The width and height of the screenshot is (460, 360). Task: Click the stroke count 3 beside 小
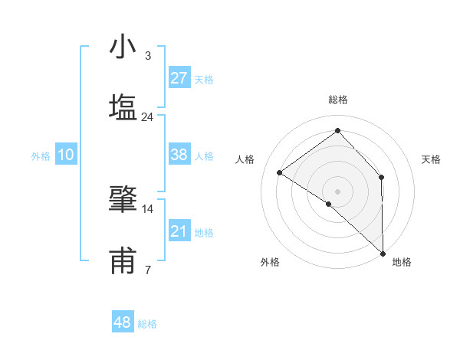point(147,56)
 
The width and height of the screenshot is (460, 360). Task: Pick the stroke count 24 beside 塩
point(147,117)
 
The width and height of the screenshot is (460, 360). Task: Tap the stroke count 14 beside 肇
point(147,208)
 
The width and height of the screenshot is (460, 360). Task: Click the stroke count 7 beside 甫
point(147,270)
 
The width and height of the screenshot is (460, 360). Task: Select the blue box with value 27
point(179,78)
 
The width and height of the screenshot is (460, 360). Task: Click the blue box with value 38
point(179,155)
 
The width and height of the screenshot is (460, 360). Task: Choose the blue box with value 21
point(179,231)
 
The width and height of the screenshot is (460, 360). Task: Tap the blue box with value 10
point(66,155)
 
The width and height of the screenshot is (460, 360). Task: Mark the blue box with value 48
point(123,322)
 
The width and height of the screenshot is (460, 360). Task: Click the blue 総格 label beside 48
point(147,324)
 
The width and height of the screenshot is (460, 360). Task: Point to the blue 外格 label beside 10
point(41,156)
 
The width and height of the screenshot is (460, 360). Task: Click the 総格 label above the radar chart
point(337,100)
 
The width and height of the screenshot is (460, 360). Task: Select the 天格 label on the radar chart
point(431,160)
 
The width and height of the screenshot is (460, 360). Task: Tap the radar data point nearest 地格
point(383,253)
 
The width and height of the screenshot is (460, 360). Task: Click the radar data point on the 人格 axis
point(280,172)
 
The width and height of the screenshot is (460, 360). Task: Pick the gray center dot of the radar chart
point(337,191)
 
